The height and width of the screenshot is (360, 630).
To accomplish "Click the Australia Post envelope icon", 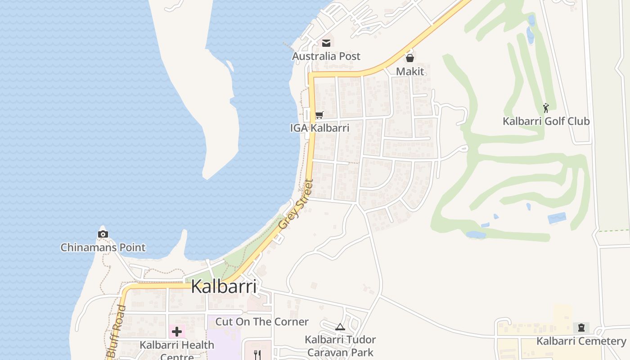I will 326,43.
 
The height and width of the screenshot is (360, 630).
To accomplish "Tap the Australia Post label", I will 326,56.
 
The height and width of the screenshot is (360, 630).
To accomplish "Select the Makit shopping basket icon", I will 410,58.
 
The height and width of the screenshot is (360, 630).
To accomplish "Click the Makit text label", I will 410,72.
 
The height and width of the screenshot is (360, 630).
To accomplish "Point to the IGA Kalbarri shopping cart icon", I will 319,115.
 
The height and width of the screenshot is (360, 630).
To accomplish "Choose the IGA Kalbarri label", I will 319,128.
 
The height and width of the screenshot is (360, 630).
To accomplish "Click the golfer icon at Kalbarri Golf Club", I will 546,108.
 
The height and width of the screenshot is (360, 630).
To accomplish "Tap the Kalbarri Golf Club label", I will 546,121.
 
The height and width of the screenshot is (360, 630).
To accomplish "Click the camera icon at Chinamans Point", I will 103,234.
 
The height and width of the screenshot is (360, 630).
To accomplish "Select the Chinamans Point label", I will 103,247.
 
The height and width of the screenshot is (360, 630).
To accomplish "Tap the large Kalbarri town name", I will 224,286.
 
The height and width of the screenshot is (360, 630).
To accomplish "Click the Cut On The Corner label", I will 262,322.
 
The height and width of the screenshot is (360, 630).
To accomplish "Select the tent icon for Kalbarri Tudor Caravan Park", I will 340,327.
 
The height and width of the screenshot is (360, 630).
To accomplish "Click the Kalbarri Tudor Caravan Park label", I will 340,346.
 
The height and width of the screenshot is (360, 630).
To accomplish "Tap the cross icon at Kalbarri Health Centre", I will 176,332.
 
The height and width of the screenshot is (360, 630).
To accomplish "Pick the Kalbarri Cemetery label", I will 581,341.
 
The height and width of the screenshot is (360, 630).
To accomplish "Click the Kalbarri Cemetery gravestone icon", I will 581,328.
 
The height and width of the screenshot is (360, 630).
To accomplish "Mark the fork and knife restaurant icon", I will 257,355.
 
